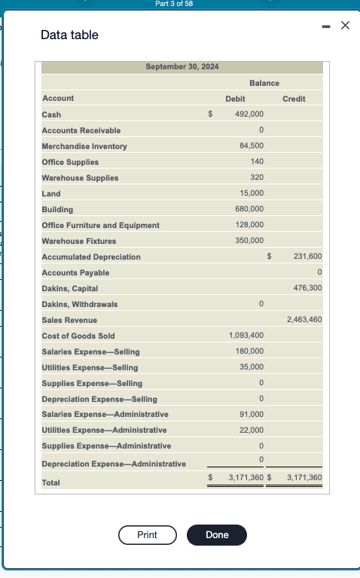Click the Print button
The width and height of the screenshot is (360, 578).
pyautogui.click(x=147, y=534)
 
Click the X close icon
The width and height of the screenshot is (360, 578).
pyautogui.click(x=345, y=26)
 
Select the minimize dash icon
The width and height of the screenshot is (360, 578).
pyautogui.click(x=325, y=26)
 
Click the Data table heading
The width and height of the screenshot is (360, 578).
pyautogui.click(x=69, y=35)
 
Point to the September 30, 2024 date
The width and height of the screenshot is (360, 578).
pyautogui.click(x=182, y=67)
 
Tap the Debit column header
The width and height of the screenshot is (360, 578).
pyautogui.click(x=235, y=99)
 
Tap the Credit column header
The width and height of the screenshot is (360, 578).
pyautogui.click(x=294, y=99)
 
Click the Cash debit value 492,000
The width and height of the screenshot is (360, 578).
pyautogui.click(x=249, y=114)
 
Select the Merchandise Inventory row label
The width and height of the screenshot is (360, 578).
pyautogui.click(x=84, y=146)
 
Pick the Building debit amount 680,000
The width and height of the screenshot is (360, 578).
pyautogui.click(x=249, y=209)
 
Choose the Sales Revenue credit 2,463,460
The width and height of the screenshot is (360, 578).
pyautogui.click(x=304, y=320)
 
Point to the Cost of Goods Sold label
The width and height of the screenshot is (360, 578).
pyautogui.click(x=78, y=336)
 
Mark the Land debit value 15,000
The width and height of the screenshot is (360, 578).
pyautogui.click(x=251, y=193)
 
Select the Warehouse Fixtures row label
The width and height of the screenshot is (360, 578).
pyautogui.click(x=79, y=241)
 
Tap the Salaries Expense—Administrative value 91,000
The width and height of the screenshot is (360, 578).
pyautogui.click(x=251, y=415)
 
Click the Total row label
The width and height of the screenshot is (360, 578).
pyautogui.click(x=51, y=482)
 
